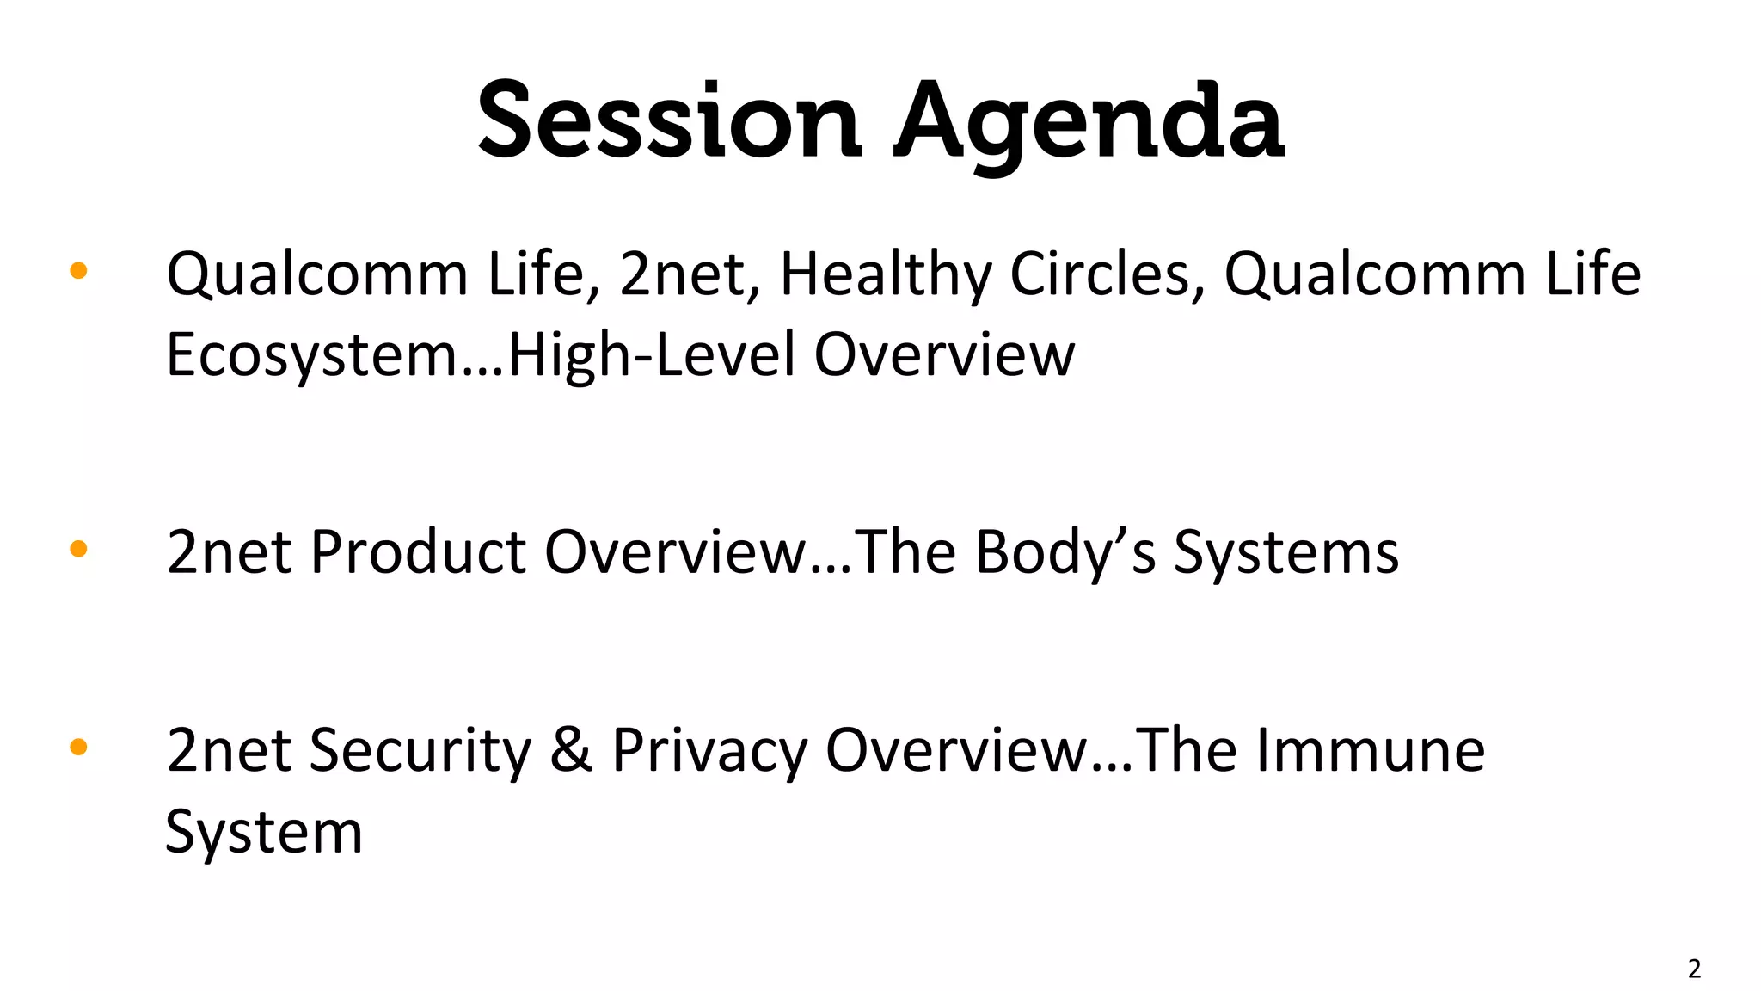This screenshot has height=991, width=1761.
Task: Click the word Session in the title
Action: [669, 120]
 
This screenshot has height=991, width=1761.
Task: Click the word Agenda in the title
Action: [1089, 120]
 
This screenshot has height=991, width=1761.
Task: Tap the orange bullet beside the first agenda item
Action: [78, 271]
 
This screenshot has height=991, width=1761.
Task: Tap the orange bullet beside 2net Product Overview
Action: [78, 549]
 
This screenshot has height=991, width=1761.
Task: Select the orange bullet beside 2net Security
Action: [78, 747]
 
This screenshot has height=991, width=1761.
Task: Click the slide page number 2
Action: [1694, 969]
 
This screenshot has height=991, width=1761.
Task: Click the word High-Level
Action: [652, 354]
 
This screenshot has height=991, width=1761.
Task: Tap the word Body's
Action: [1065, 551]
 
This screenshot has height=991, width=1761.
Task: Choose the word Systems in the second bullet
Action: [1286, 551]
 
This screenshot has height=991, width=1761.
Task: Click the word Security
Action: [420, 750]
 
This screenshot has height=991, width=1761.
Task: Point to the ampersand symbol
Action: [571, 750]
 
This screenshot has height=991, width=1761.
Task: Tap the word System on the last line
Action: [264, 832]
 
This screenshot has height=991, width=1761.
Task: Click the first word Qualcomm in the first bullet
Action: [317, 274]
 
